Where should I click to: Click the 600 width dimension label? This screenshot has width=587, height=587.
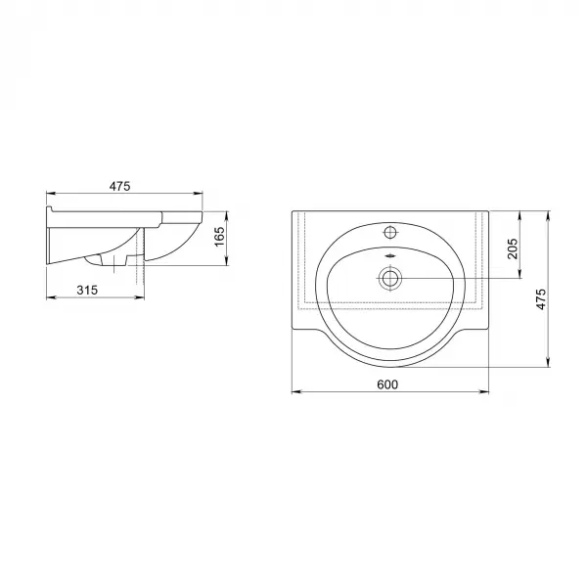click(387, 384)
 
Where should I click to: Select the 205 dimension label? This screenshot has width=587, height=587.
click(512, 248)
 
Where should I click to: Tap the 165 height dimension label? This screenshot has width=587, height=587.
click(219, 237)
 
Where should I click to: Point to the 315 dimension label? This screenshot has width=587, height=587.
click(87, 290)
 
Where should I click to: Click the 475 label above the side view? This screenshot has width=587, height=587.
click(119, 186)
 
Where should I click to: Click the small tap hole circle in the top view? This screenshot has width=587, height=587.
click(390, 233)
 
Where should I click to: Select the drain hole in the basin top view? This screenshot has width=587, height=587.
click(390, 278)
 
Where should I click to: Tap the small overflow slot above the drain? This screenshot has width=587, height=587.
click(390, 256)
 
